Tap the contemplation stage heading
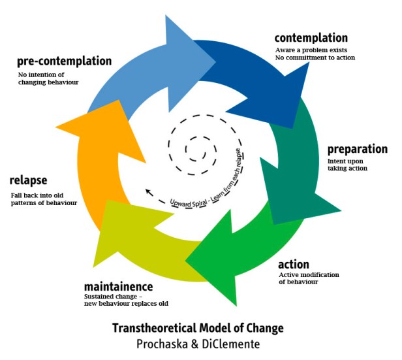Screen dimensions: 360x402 [x=311, y=37]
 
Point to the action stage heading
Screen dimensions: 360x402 [x=293, y=265]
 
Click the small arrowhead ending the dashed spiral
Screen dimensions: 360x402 [x=149, y=192]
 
